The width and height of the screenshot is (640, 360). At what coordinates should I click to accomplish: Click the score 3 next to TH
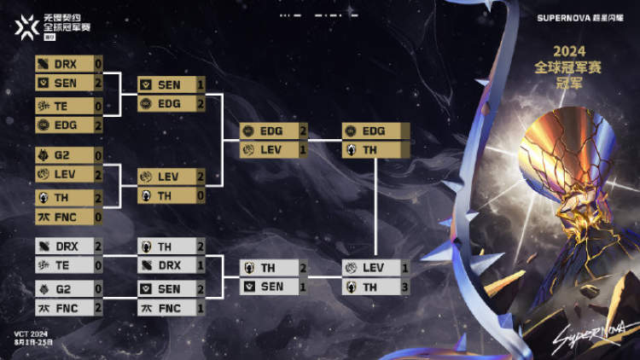405,287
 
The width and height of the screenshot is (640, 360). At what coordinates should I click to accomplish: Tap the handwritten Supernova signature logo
580,340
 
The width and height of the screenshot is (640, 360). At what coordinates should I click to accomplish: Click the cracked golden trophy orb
567,154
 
